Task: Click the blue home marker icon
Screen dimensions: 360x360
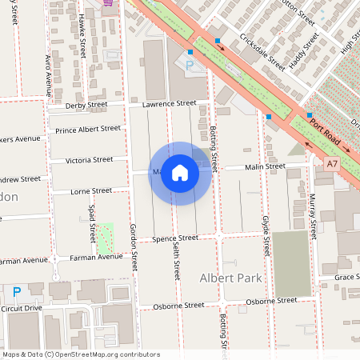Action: coord(180,174)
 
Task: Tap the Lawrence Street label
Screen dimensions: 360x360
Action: coord(165,104)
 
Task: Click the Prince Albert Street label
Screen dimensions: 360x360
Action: coord(88,129)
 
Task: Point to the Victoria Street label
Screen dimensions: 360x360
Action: coord(90,160)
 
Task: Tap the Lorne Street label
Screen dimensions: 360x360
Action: coord(91,191)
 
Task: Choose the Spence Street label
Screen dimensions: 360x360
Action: coord(175,238)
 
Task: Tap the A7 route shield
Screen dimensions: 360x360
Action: coord(332,163)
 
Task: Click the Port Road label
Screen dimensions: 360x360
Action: coord(326,134)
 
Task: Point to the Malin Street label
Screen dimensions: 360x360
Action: coord(265,166)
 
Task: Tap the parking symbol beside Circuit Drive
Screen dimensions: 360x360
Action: coord(16,293)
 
